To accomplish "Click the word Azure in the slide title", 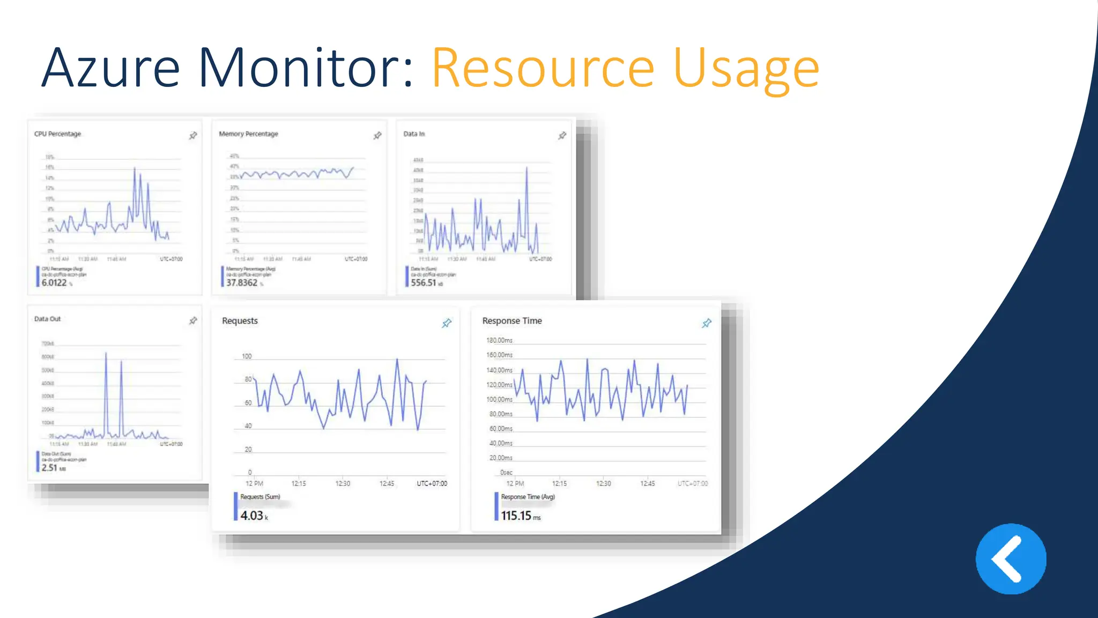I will (x=110, y=68).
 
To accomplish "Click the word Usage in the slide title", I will (x=746, y=69).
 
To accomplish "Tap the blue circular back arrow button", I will (x=1011, y=559).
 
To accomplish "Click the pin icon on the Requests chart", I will (x=447, y=323).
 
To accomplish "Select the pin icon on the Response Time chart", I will (x=707, y=323).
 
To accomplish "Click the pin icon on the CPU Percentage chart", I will (x=193, y=136).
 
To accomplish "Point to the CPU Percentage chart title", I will (x=57, y=134).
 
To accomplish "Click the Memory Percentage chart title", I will (x=248, y=134).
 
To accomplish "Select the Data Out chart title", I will (x=47, y=319).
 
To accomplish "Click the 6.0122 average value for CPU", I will (x=54, y=283).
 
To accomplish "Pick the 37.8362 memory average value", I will (x=242, y=283).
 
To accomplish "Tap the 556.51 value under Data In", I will (x=424, y=283).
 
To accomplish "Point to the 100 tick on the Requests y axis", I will (x=247, y=356).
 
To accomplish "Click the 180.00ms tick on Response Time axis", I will (x=499, y=340).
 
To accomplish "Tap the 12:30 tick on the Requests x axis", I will (x=343, y=483).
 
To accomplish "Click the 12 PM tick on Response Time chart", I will (x=515, y=483).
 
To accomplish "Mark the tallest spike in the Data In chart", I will (x=526, y=169).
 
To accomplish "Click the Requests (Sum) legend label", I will (x=260, y=497).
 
